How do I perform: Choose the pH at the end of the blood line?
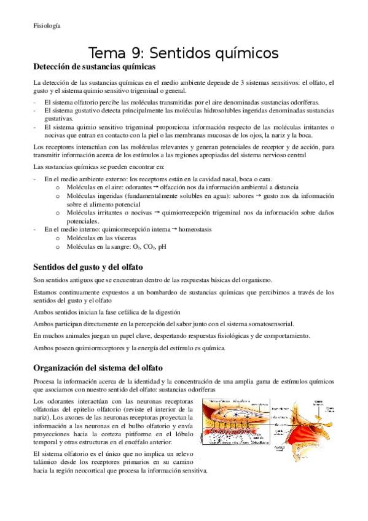(x=162, y=245)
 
